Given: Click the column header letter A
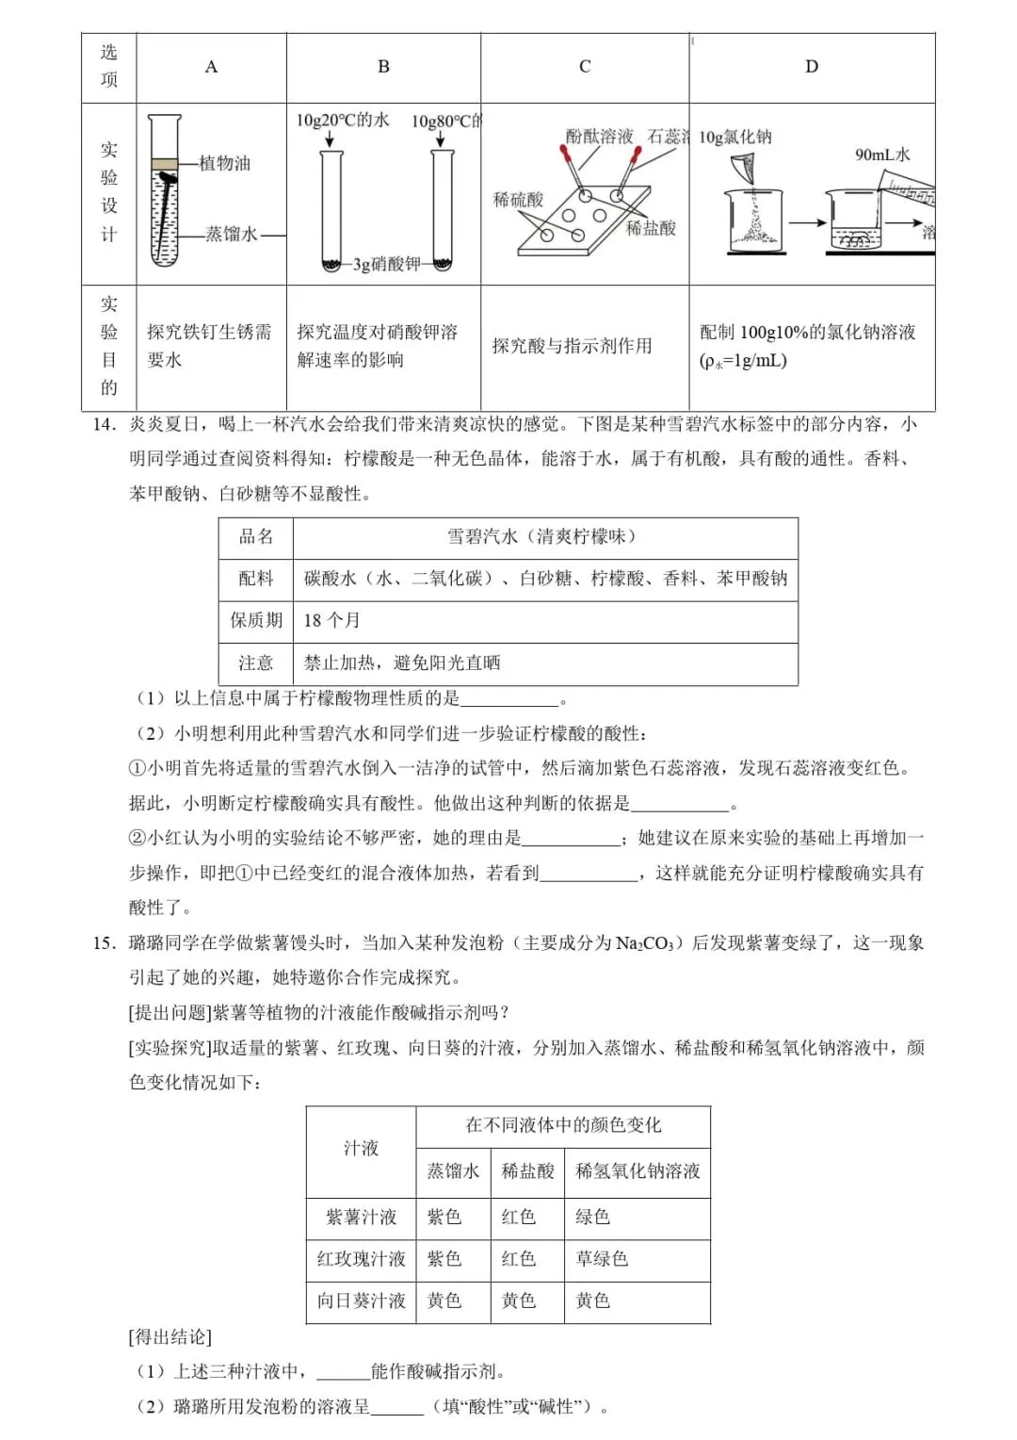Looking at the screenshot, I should [x=211, y=67].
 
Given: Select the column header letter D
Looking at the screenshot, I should [x=812, y=67].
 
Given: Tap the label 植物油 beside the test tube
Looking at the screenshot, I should [x=225, y=163].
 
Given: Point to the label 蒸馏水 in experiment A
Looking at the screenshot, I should [x=231, y=234].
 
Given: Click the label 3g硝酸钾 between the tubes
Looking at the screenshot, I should [x=386, y=264].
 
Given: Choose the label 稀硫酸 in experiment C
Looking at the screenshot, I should [x=518, y=200].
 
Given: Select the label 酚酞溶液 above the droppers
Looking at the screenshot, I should [x=599, y=137].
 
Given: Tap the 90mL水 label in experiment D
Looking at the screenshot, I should [x=882, y=155].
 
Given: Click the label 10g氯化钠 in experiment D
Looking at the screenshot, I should [x=735, y=137].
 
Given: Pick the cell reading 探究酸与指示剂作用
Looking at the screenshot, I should [x=572, y=346].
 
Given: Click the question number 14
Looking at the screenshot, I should [x=104, y=424].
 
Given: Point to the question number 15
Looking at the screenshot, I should [x=104, y=942].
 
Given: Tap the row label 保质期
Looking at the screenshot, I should [x=256, y=620].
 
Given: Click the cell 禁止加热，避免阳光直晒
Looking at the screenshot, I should [x=402, y=663].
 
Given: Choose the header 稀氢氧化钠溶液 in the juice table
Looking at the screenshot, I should [x=638, y=1170].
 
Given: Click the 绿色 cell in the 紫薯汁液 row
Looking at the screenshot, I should [x=593, y=1217].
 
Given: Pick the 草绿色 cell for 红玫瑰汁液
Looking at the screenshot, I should [x=602, y=1258].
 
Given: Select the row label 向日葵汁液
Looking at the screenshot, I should [x=361, y=1301].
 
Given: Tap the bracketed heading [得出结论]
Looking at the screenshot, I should [x=169, y=1336].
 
